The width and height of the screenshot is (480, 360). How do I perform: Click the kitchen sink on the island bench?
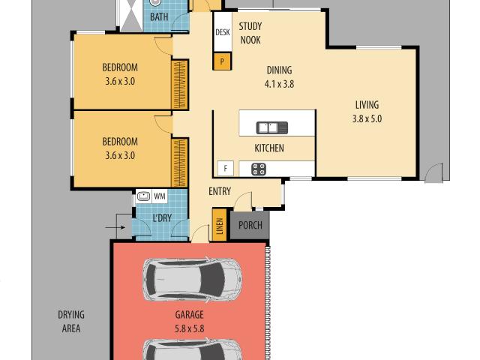pos(272,127)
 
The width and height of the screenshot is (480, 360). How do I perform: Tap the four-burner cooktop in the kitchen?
pos(259,169)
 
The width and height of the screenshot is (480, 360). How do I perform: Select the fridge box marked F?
pos(226,168)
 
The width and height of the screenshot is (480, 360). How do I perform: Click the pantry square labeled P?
pos(222,61)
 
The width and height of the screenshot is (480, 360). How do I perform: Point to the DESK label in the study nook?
pos(223,32)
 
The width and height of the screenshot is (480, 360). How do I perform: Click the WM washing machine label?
pos(160,196)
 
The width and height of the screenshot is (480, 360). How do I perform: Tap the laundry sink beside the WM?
pos(143,196)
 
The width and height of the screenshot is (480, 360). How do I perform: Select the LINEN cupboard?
pos(220,225)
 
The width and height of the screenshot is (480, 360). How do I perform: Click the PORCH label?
pos(250,225)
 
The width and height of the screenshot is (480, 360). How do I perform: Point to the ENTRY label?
pos(220,191)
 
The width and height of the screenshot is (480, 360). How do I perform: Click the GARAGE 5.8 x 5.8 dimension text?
pos(190,328)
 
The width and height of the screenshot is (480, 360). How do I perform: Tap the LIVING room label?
pos(367,105)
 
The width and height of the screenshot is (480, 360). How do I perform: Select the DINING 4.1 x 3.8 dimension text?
pos(279,84)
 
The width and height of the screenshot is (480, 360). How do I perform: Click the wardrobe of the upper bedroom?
pos(179,85)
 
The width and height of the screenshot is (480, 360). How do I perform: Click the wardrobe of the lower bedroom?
pos(179,163)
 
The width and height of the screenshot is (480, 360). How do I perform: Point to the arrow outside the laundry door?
pos(115,227)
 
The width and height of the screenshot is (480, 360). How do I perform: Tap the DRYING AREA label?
pos(71,322)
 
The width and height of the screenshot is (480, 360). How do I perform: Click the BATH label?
pos(159,16)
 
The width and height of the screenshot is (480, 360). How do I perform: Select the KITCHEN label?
pos(269,148)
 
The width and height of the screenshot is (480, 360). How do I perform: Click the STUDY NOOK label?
pos(250,33)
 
